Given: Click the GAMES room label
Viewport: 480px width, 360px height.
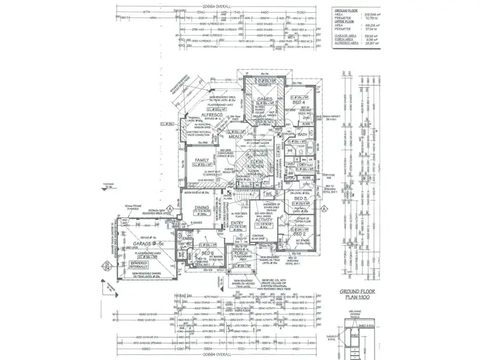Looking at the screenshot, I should tap(265, 100).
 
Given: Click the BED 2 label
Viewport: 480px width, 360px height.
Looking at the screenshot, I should tap(298, 234).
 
